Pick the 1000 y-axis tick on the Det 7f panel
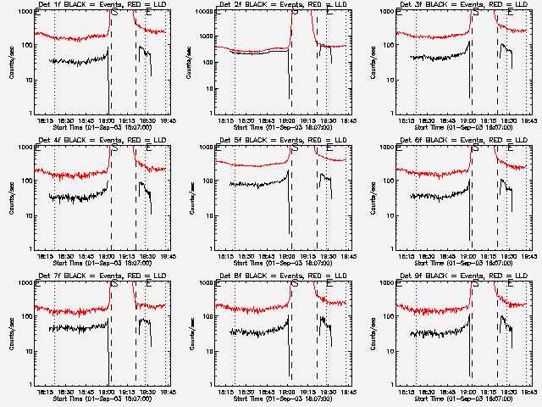[x=26, y=283]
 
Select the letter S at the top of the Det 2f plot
[x=294, y=13]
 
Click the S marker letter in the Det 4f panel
[x=113, y=148]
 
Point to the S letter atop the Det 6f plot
[x=474, y=148]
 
